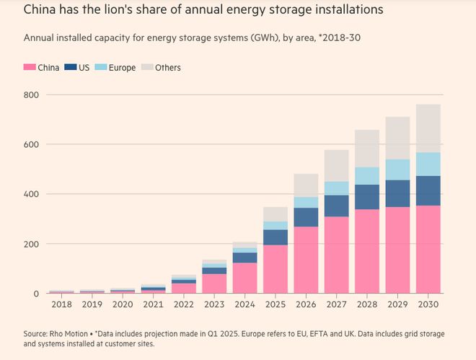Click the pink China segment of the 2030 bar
(x=428, y=249)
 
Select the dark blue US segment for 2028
(x=366, y=197)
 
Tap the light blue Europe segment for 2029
(x=397, y=170)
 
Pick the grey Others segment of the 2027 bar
(x=336, y=166)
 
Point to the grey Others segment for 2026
(x=305, y=185)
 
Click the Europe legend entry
(x=115, y=68)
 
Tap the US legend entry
(x=79, y=68)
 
